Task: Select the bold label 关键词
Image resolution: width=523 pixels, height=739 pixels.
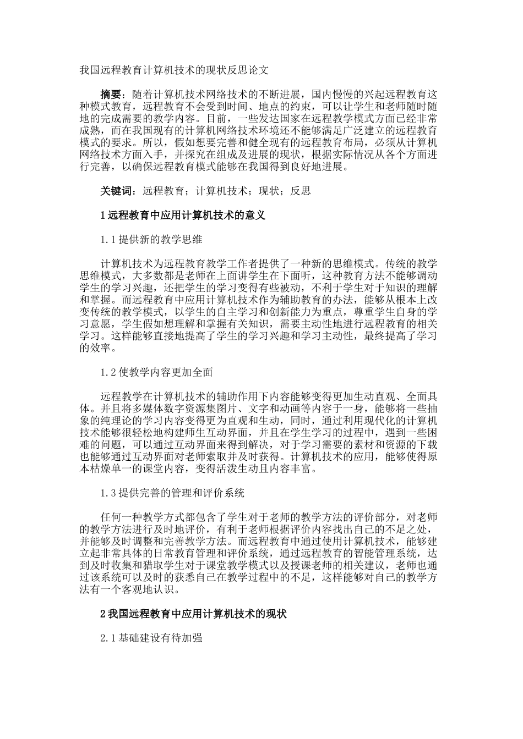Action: pos(117,191)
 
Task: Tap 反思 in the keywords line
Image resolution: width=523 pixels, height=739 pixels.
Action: pos(301,191)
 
